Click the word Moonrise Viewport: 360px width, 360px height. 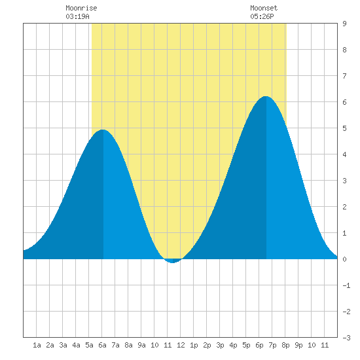pos(81,8)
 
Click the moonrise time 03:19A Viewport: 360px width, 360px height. pos(77,16)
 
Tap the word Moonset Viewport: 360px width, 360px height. pos(264,8)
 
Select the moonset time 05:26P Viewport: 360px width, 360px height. pos(262,16)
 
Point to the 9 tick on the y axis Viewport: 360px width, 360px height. pos(344,24)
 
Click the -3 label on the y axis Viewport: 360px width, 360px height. pos(346,338)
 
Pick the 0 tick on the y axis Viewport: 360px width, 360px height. pos(344,259)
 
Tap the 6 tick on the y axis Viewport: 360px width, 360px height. pos(344,102)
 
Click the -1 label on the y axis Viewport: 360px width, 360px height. pos(346,285)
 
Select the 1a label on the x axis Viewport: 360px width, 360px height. pos(37,345)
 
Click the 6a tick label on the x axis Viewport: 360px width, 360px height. pos(102,345)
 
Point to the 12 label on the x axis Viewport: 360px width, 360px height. pos(181,345)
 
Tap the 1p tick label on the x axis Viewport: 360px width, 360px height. pos(194,345)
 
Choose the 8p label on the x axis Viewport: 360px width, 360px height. pos(285,345)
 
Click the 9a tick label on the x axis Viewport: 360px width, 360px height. pos(141,345)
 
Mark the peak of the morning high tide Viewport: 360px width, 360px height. pos(103,130)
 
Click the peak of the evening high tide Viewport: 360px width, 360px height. pos(266,96)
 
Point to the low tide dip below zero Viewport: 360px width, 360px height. pos(173,261)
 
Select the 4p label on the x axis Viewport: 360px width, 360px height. pos(233,345)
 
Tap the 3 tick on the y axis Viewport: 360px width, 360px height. pos(344,181)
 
